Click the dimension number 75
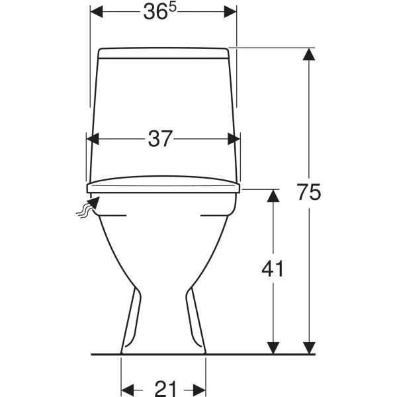[x=308, y=192]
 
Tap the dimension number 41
[x=273, y=269]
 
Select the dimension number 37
[x=160, y=139]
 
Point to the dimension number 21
[x=165, y=388]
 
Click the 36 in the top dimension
[x=155, y=12]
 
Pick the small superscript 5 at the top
[x=172, y=7]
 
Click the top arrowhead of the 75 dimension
[x=309, y=54]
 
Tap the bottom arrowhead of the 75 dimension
[x=309, y=348]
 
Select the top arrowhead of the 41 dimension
[x=273, y=195]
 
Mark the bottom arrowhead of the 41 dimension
[x=273, y=348]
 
